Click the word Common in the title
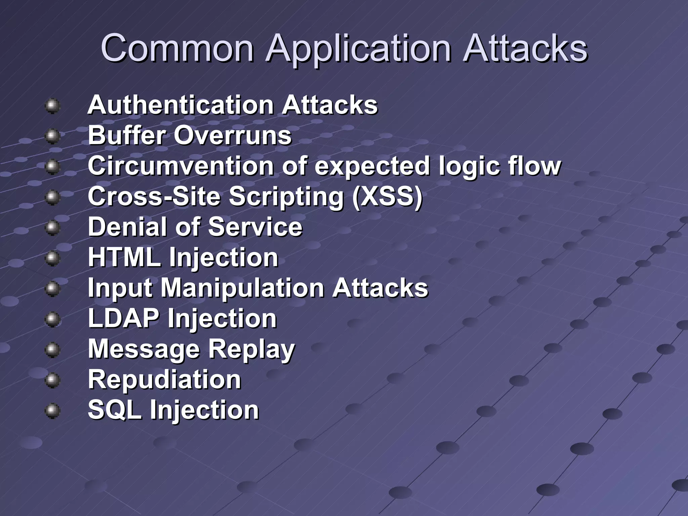[x=177, y=49]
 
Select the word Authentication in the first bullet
[x=180, y=105]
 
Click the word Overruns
[x=232, y=136]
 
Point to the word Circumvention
[x=180, y=166]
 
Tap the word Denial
[x=128, y=227]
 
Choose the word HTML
[x=124, y=258]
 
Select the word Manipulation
[x=243, y=288]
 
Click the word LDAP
[x=124, y=318]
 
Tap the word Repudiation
[x=164, y=380]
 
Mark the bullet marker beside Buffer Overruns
[x=52, y=136]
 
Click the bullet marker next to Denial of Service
[x=52, y=228]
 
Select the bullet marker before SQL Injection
[x=52, y=411]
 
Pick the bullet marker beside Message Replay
[x=52, y=350]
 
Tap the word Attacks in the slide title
[x=525, y=49]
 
